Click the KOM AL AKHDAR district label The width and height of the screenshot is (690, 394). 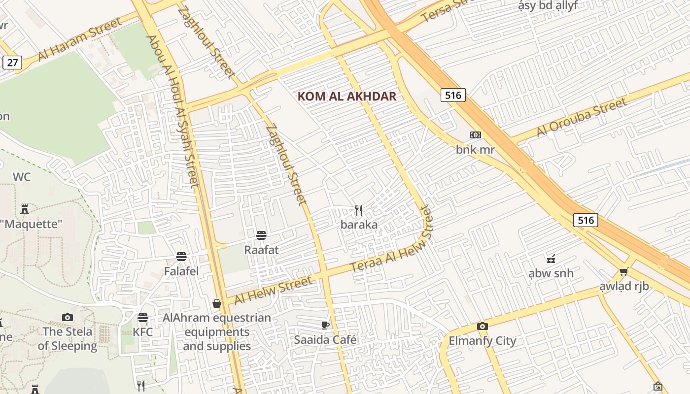click(347, 96)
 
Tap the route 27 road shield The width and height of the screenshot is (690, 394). click(12, 62)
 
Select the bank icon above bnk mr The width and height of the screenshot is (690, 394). click(475, 135)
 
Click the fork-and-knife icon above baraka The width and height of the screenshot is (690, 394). click(359, 210)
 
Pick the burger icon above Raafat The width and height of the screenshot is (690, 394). click(261, 235)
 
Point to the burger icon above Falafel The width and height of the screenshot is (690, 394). click(181, 257)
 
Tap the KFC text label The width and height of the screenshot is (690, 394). click(143, 332)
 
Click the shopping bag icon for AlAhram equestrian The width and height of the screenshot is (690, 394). click(216, 303)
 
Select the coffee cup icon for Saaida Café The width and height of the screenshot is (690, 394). click(325, 325)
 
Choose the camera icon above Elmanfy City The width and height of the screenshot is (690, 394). click(483, 326)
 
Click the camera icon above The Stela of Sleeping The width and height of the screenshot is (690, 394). click(68, 317)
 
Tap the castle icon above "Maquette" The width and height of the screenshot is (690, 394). click(25, 209)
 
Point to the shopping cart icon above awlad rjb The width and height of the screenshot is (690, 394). click(624, 271)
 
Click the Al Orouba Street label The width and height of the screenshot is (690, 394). click(582, 117)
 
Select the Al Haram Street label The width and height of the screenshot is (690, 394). click(79, 39)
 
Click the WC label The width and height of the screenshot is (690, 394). click(22, 177)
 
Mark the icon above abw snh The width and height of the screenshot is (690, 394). click(551, 259)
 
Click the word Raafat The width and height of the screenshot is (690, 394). click(261, 250)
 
